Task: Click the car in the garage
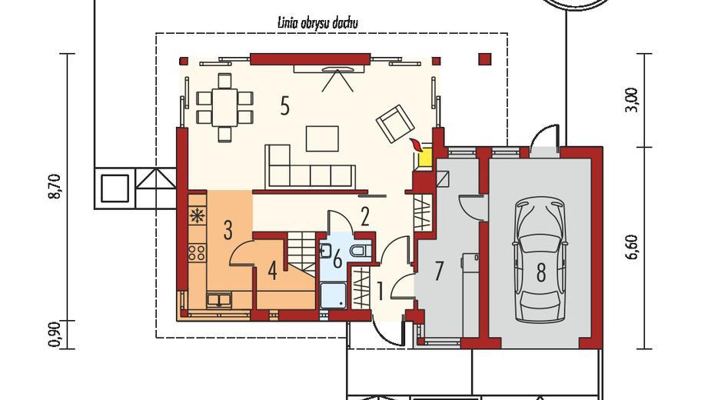pyautogui.click(x=540, y=261)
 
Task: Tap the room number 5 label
pyautogui.click(x=284, y=106)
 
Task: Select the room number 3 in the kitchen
pyautogui.click(x=228, y=230)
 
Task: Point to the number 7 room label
pyautogui.click(x=439, y=272)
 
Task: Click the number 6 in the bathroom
pyautogui.click(x=337, y=258)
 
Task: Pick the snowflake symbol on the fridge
pyautogui.click(x=197, y=215)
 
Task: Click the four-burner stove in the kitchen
pyautogui.click(x=197, y=252)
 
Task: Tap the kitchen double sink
pyautogui.click(x=219, y=299)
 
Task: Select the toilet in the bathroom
pyautogui.click(x=360, y=251)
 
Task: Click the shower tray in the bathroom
pyautogui.click(x=334, y=295)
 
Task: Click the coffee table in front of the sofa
pyautogui.click(x=322, y=138)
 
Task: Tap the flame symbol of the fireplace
pyautogui.click(x=417, y=145)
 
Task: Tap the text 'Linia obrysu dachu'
pyautogui.click(x=317, y=23)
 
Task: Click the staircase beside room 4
pyautogui.click(x=301, y=255)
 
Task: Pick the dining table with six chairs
pyautogui.click(x=225, y=108)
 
